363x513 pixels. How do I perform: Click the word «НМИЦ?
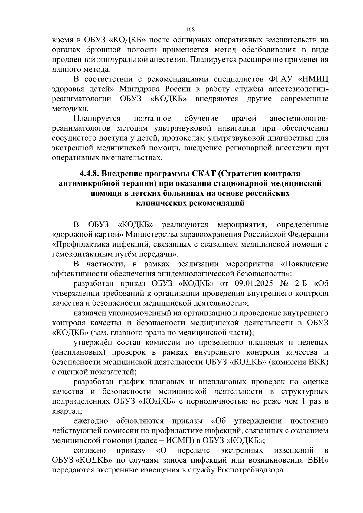pos(313,79)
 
